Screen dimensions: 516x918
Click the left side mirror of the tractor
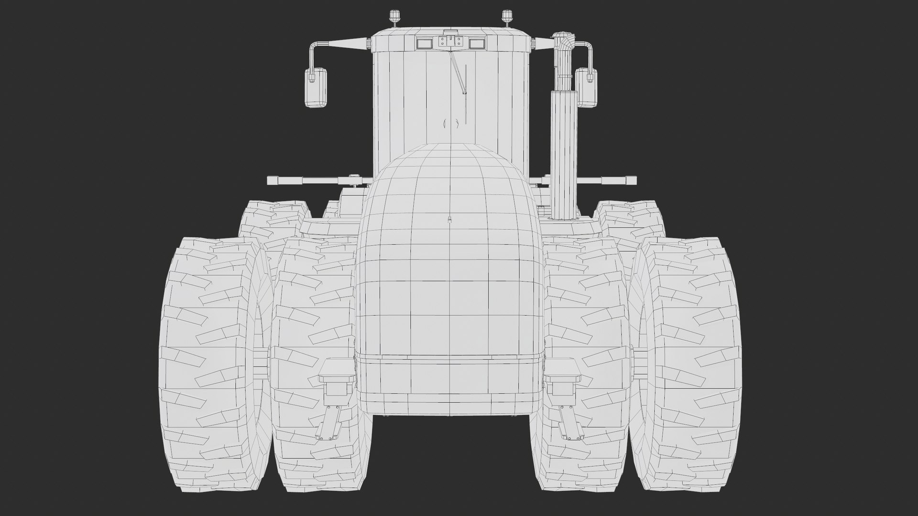click(x=316, y=87)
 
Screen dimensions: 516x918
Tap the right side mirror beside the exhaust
click(x=586, y=87)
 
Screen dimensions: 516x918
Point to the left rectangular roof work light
click(x=424, y=43)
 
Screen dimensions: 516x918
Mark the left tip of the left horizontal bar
click(x=272, y=181)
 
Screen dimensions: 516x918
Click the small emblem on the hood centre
click(x=449, y=220)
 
